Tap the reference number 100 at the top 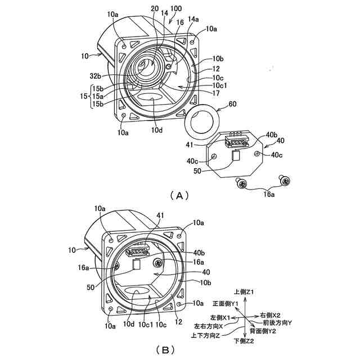[x=175, y=10]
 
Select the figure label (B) [x=165, y=350]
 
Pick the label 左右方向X [x=208, y=326]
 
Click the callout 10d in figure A [x=158, y=129]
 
